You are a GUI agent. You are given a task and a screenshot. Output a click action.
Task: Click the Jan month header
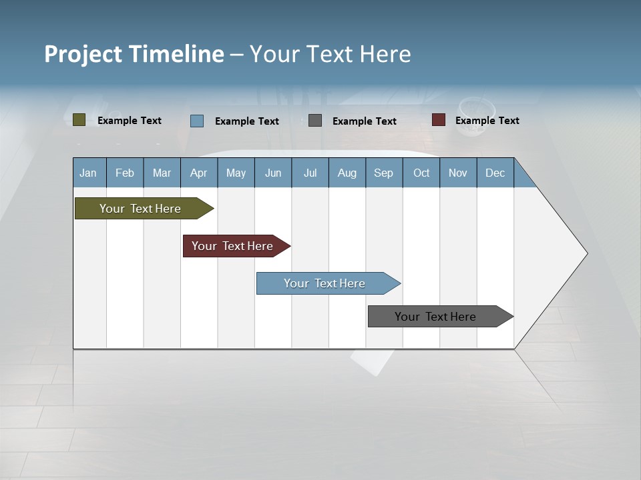(x=88, y=173)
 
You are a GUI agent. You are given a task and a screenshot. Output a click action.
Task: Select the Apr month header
(x=198, y=173)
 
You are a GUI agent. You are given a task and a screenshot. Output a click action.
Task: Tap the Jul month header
(x=310, y=173)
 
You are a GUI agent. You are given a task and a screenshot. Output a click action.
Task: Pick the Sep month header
(x=383, y=173)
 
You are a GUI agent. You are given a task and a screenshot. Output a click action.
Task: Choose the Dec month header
(x=495, y=173)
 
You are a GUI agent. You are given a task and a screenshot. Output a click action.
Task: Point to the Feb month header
(x=125, y=173)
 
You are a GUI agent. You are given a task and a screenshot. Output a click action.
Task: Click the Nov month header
(x=457, y=173)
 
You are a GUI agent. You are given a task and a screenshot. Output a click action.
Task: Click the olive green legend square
(x=79, y=120)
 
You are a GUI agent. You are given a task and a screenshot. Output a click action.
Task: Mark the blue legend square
(x=197, y=121)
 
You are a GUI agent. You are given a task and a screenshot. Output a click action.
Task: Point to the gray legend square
(x=315, y=121)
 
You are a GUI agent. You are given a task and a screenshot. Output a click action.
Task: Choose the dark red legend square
(x=439, y=120)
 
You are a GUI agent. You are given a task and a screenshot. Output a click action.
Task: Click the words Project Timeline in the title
(x=134, y=54)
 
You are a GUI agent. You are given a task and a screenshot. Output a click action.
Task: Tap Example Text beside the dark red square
(x=487, y=121)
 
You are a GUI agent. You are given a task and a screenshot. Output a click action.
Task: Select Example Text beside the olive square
(x=129, y=121)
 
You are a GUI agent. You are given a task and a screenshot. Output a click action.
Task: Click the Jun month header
(x=272, y=173)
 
